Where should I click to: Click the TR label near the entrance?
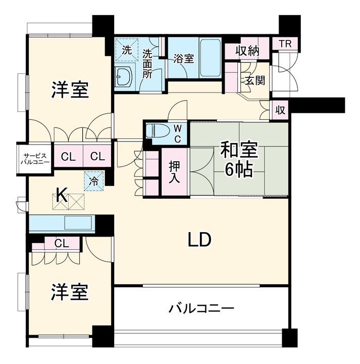pyautogui.click(x=285, y=43)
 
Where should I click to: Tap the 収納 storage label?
pyautogui.click(x=247, y=51)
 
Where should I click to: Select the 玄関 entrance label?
pyautogui.click(x=255, y=80)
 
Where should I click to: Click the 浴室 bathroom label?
pyautogui.click(x=184, y=59)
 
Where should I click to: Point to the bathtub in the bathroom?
pyautogui.click(x=211, y=58)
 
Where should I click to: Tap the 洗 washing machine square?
pyautogui.click(x=127, y=50)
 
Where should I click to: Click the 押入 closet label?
pyautogui.click(x=174, y=172)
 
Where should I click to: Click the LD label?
pyautogui.click(x=199, y=240)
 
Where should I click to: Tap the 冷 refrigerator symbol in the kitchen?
pyautogui.click(x=94, y=181)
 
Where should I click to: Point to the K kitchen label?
pyautogui.click(x=63, y=195)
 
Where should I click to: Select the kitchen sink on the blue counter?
pyautogui.click(x=78, y=222)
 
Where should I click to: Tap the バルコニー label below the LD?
pyautogui.click(x=201, y=309)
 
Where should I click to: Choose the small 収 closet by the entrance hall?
pyautogui.click(x=280, y=110)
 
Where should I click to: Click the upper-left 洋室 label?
pyautogui.click(x=70, y=90)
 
